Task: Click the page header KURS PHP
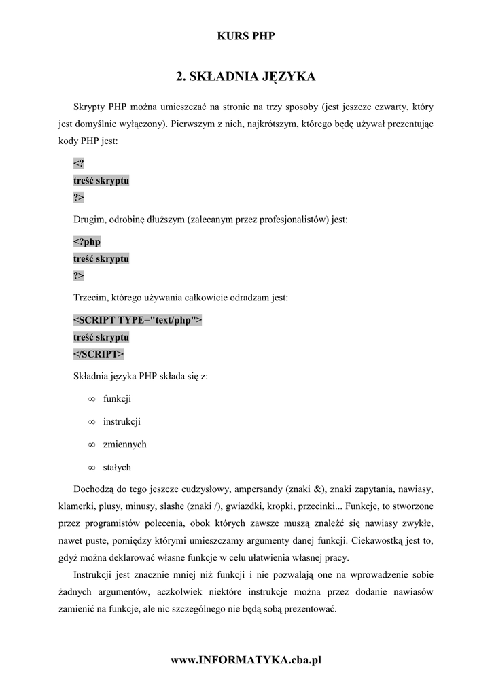[245, 36]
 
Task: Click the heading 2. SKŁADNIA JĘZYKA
[245, 77]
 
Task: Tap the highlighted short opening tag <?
[79, 164]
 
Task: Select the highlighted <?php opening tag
[87, 241]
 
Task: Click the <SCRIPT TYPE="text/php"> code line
[137, 320]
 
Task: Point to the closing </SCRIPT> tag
[99, 354]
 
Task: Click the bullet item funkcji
[117, 398]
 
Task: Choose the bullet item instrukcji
[122, 421]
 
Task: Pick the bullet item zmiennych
[124, 445]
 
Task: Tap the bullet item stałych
[117, 468]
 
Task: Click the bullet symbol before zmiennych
[91, 445]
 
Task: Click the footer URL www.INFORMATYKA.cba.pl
[245, 660]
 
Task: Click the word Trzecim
[90, 298]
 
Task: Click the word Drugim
[89, 220]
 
